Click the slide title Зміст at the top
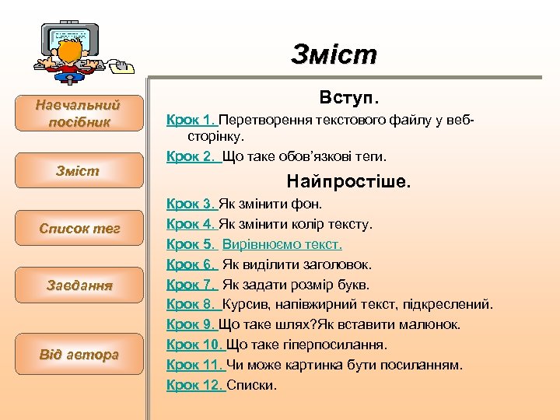pyautogui.click(x=334, y=54)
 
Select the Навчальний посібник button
pyautogui.click(x=78, y=113)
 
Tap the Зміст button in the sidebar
pyautogui.click(x=78, y=170)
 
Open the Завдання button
pyautogui.click(x=78, y=285)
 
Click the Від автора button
pyautogui.click(x=79, y=355)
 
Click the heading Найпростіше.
pyautogui.click(x=348, y=182)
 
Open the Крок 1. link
pyautogui.click(x=191, y=121)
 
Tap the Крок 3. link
pyautogui.click(x=191, y=205)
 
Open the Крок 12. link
pyautogui.click(x=195, y=385)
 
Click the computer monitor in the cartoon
pyautogui.click(x=68, y=33)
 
